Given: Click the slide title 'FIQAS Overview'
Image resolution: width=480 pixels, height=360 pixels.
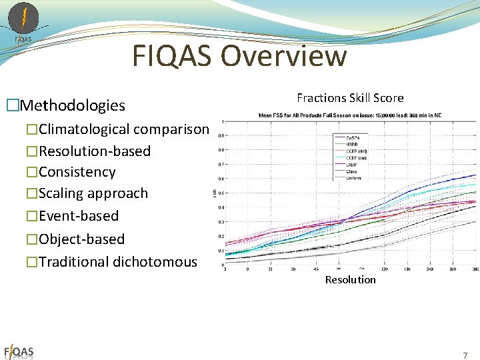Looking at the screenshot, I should coord(239,56).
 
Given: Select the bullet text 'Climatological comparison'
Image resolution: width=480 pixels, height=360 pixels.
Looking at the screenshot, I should coord(123,129).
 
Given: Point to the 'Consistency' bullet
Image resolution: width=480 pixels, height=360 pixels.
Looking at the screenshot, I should coord(77,172).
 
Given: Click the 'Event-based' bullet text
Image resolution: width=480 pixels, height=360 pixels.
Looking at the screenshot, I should coord(79,216).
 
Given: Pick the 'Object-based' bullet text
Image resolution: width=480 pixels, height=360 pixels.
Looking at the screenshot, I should coord(81,239).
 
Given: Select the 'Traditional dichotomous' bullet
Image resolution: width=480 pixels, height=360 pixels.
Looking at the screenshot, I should coord(118,262).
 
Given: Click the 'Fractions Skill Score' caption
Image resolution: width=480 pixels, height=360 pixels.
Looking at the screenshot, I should coord(350,98).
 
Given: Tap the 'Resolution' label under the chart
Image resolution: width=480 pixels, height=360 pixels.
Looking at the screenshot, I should coord(350,280).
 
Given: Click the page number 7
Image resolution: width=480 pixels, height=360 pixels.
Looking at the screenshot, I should coord(465,355).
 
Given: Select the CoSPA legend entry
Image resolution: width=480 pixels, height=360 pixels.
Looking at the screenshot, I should coord(353,137).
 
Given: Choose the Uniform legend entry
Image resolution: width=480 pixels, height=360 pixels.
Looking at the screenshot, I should coord(353,178).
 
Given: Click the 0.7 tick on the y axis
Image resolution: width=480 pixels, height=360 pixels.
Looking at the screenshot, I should coord(221,164).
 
